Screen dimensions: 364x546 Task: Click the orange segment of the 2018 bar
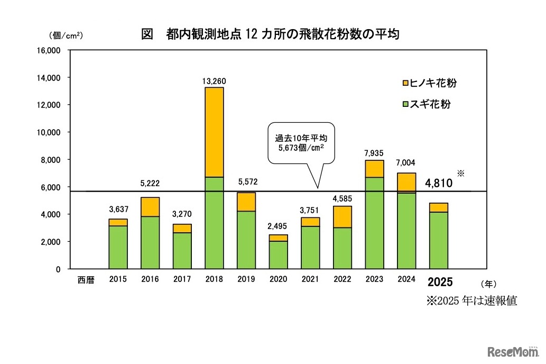pyautogui.click(x=214, y=132)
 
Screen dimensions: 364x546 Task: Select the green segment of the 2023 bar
pyautogui.click(x=375, y=223)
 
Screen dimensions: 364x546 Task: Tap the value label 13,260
pyautogui.click(x=214, y=81)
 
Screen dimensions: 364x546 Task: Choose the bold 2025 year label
pyautogui.click(x=440, y=281)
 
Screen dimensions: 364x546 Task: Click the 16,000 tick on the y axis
pyautogui.click(x=49, y=51)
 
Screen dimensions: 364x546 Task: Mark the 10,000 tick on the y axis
pyautogui.click(x=49, y=132)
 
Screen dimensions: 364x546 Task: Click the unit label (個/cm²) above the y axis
pyautogui.click(x=66, y=36)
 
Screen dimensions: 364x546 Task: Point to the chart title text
pyautogui.click(x=270, y=35)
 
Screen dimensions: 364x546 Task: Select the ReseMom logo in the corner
pyautogui.click(x=513, y=352)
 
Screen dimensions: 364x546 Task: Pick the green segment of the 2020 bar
pyautogui.click(x=278, y=255)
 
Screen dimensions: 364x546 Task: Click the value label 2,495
pyautogui.click(x=278, y=226)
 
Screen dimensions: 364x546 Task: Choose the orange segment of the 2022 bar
pyautogui.click(x=343, y=216)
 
